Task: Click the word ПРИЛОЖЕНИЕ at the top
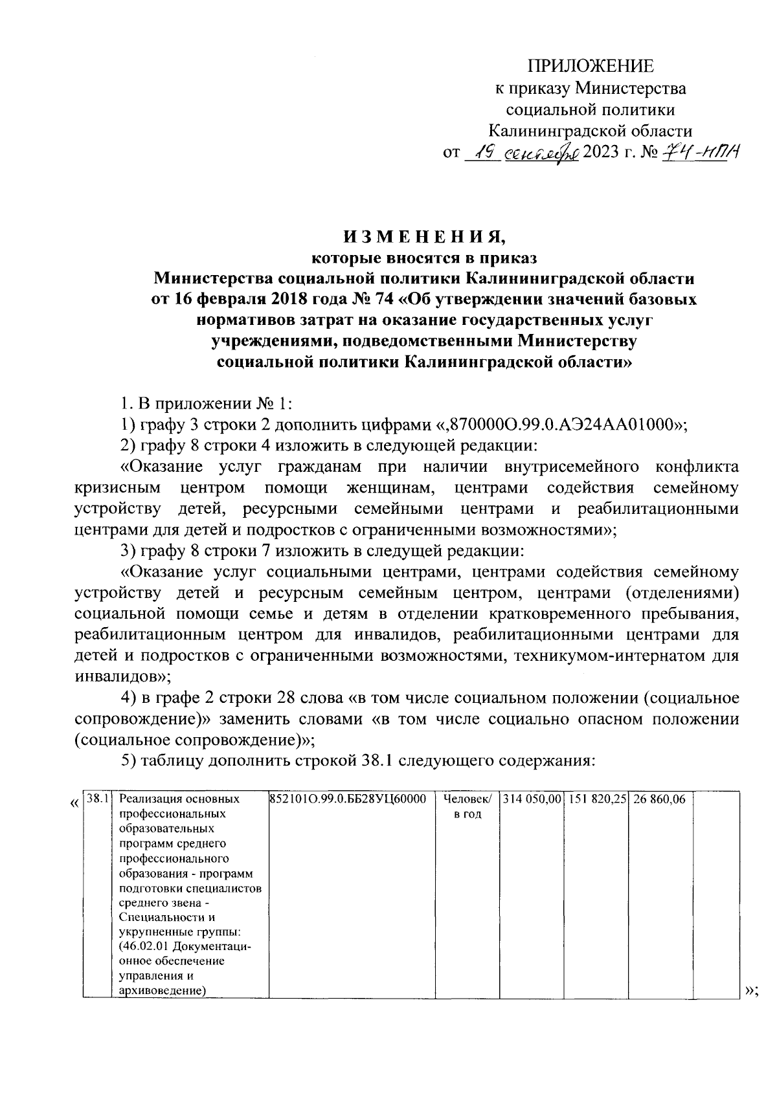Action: click(590, 65)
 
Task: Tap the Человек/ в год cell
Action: click(467, 806)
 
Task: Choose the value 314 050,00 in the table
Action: click(532, 799)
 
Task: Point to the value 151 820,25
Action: click(596, 799)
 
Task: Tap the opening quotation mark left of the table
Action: click(74, 803)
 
